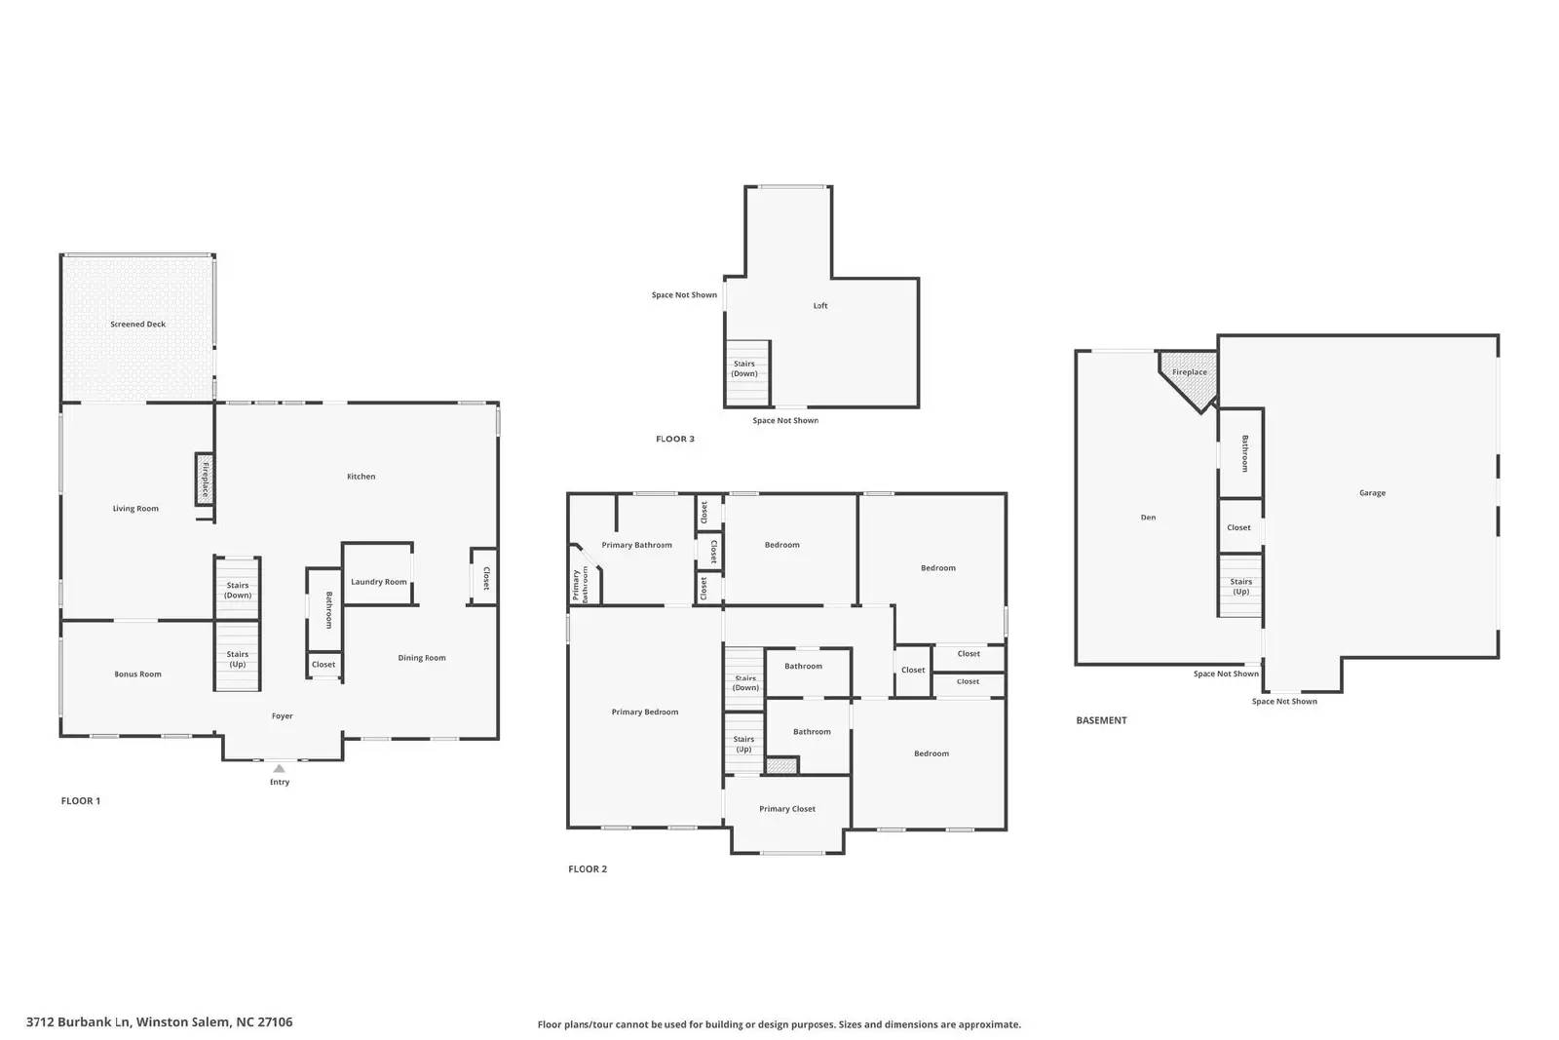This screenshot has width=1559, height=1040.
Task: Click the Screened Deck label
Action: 137,324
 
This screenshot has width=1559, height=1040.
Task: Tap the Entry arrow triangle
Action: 279,768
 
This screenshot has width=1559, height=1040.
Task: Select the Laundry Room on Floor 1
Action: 378,574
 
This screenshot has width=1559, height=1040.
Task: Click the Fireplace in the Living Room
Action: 205,479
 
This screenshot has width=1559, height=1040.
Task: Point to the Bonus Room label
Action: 137,674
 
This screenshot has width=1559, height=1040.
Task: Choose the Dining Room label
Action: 422,658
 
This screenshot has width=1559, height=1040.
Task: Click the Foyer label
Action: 282,715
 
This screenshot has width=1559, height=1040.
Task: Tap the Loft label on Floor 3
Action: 820,306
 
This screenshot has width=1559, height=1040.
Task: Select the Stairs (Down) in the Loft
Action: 747,373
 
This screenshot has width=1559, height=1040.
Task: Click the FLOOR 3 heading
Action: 675,439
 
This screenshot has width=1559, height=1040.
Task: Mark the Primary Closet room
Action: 787,814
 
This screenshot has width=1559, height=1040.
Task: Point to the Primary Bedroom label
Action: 644,712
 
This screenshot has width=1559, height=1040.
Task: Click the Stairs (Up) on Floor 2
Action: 744,743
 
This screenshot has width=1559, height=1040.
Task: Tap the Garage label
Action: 1373,493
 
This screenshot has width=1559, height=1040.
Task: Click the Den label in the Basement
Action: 1149,518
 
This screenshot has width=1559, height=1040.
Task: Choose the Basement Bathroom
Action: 1241,453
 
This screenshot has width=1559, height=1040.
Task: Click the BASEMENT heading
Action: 1101,720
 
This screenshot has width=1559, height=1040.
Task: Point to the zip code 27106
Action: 275,1021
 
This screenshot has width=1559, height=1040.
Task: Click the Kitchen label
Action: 361,477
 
